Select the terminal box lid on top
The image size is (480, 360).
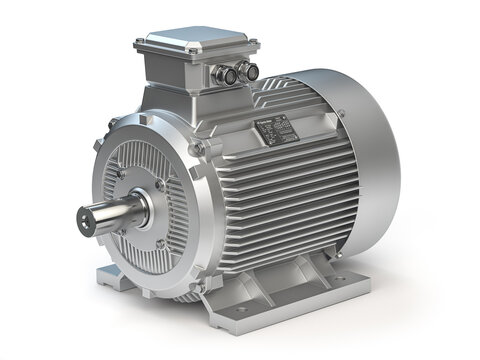point(190,46)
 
